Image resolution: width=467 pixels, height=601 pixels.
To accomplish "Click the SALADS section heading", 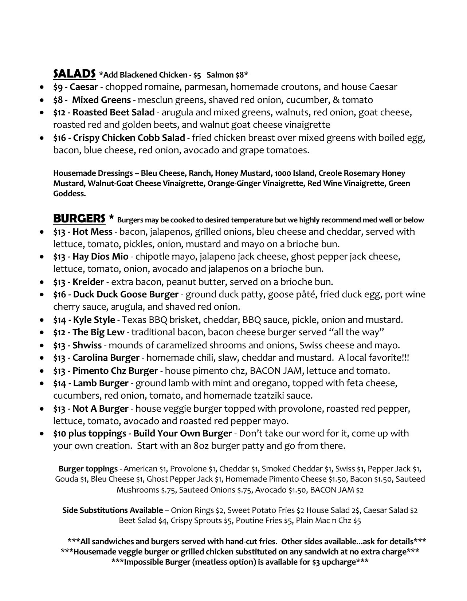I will click(x=74, y=74).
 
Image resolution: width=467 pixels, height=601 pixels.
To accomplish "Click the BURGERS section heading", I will click(x=79, y=218).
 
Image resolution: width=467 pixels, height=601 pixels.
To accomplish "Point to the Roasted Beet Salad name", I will click(x=114, y=112).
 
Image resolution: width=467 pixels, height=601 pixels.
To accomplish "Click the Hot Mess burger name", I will click(x=93, y=232).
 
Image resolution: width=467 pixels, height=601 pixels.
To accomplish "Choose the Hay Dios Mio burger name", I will click(x=100, y=257).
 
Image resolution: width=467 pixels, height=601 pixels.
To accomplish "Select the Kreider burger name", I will click(x=88, y=282).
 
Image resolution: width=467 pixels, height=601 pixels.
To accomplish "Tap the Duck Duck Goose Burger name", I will click(x=126, y=294).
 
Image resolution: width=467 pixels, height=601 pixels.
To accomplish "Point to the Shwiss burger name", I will click(x=87, y=345).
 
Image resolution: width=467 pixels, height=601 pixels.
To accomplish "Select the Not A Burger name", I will click(x=100, y=409).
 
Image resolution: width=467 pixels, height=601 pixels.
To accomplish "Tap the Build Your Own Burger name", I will click(x=183, y=434).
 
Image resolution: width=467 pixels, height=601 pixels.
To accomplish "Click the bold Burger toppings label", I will click(x=88, y=469).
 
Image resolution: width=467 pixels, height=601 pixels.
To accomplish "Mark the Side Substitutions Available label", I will click(x=112, y=510).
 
